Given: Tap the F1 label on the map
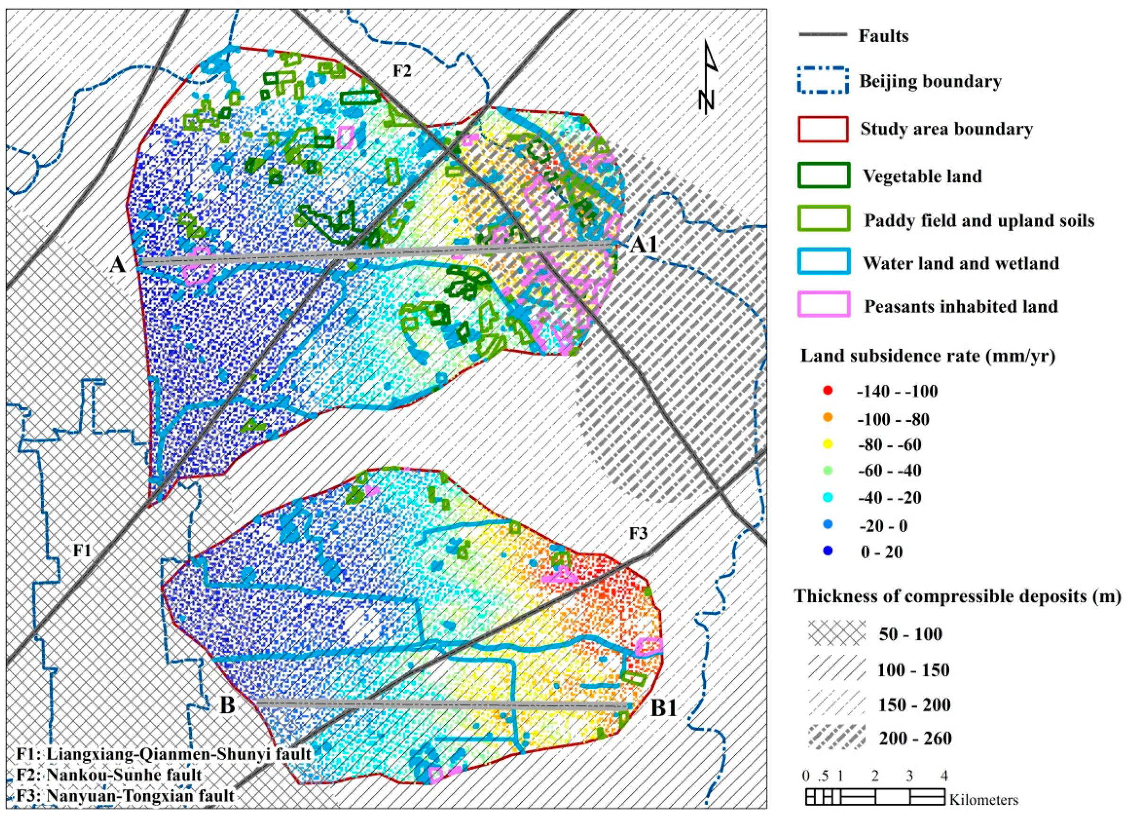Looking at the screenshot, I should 82,551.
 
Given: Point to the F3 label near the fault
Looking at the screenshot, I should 639,534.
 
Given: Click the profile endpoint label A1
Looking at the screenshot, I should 643,245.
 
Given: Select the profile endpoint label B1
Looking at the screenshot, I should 664,708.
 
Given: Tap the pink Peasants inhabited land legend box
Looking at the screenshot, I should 823,305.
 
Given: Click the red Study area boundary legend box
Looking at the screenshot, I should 823,129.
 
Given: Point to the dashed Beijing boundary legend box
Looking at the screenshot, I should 823,80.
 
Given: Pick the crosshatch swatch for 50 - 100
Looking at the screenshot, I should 836,634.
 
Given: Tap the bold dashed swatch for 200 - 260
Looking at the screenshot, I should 836,738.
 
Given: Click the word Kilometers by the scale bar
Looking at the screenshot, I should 983,800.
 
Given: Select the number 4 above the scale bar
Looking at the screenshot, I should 944,776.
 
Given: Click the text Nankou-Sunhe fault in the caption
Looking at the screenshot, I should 124,775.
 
